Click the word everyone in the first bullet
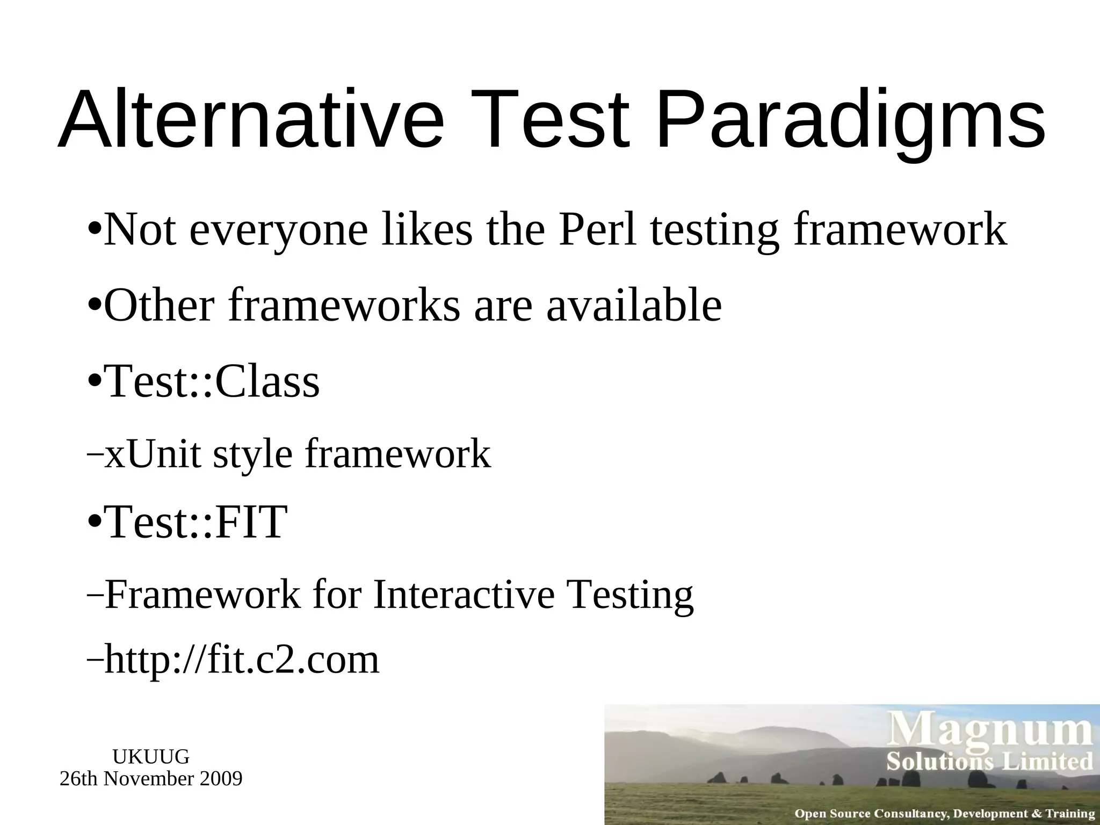coord(279,230)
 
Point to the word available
coord(634,305)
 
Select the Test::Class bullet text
coord(213,381)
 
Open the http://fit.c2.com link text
coord(242,660)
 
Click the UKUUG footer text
coord(151,757)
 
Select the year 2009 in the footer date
coord(221,778)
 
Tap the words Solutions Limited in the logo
coord(989,762)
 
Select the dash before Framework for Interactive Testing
coord(94,596)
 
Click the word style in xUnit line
coord(252,454)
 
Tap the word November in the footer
coord(150,778)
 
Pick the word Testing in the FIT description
coord(630,595)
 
